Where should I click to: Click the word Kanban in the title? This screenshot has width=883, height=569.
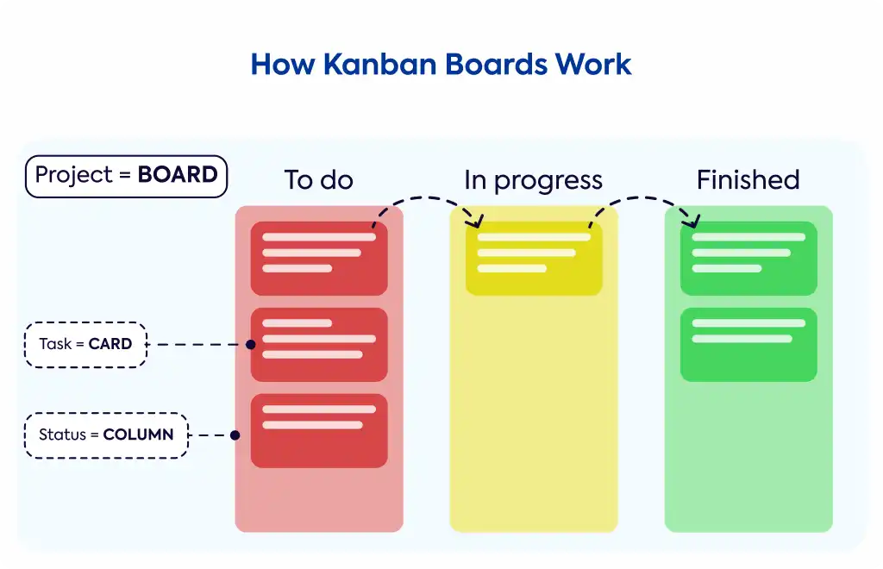coord(380,64)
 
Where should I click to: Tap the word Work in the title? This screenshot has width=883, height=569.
coord(593,64)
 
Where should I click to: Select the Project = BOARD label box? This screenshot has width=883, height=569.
coord(126,176)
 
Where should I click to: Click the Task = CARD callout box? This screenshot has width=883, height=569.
coord(85,345)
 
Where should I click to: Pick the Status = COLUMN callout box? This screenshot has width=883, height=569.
coord(106,435)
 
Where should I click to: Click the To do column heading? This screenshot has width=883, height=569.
coord(319,180)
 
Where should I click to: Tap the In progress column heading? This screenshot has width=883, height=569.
coord(533,181)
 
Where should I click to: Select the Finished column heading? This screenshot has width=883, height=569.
coord(748,180)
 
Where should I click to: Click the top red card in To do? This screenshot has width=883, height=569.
coord(319,259)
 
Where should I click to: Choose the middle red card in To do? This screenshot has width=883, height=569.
coord(319,345)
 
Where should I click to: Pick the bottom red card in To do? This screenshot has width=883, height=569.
coord(319,430)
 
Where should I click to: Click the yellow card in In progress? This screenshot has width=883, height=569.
coord(534,259)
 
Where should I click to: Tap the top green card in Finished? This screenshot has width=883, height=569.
coord(748,259)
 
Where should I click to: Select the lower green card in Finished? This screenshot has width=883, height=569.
coord(748,345)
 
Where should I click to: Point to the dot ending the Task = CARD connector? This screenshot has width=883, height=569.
coord(251,345)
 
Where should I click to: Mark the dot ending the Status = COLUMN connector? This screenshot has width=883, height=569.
coord(235,435)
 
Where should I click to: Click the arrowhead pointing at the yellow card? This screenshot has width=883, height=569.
coord(477,222)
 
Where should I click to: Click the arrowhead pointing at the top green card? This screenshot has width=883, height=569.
coord(692,222)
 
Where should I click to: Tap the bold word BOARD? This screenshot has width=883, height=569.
coord(178,174)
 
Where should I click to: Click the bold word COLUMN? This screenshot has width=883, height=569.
coord(138,435)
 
